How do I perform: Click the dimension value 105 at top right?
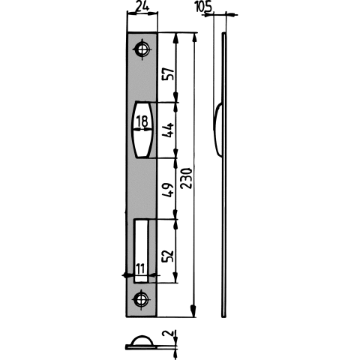coord(203,6)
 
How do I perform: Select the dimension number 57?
coord(168,73)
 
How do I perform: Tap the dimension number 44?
coord(168,130)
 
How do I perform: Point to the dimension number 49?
coord(168,189)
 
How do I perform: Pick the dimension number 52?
coord(168,255)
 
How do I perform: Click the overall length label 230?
coord(187,178)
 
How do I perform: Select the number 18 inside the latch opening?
coord(142,121)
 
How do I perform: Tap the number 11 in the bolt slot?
coord(140,268)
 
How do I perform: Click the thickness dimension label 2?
coord(168,333)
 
